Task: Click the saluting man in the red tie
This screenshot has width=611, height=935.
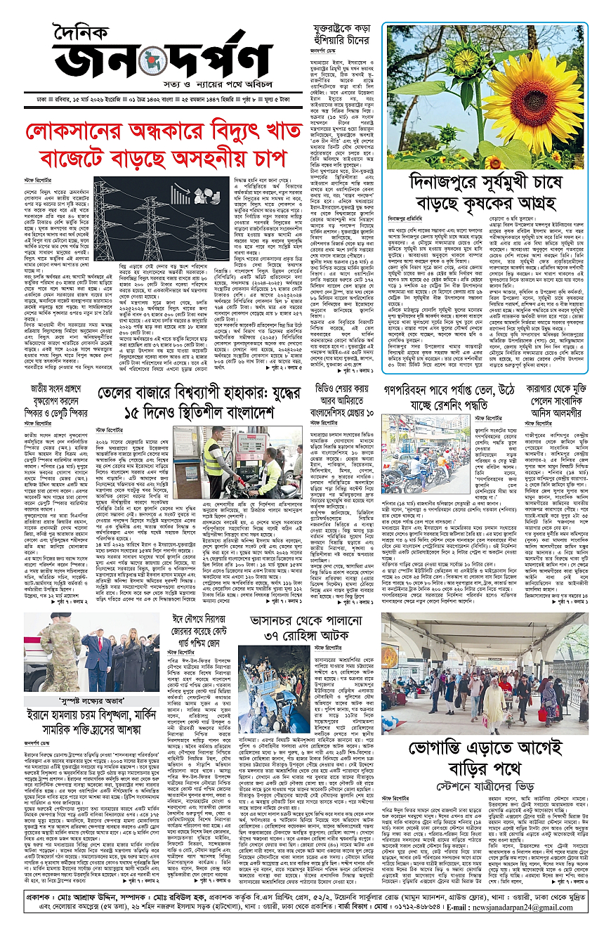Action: [98, 653]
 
